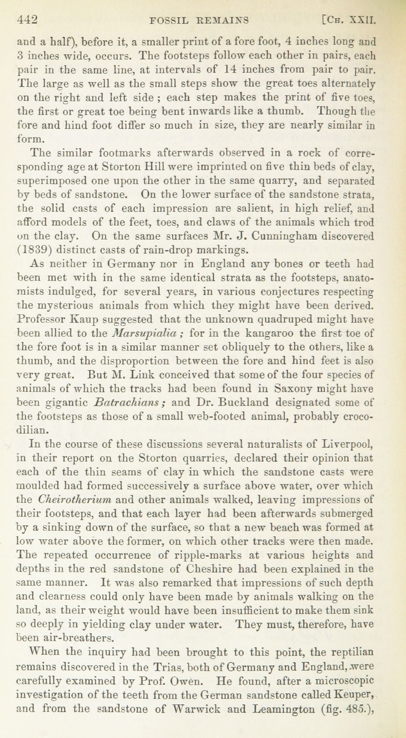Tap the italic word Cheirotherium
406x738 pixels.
coord(74,500)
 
